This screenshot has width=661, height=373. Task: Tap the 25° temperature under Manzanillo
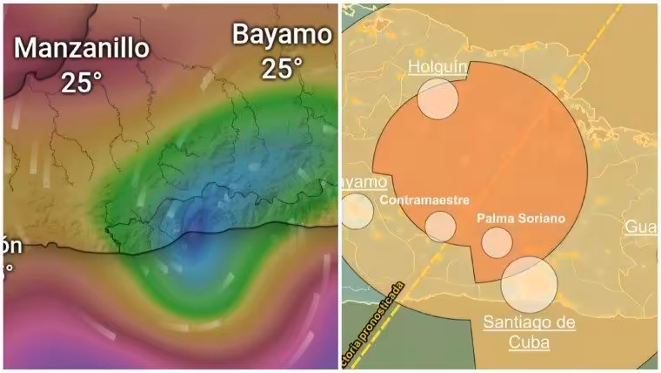(x=83, y=82)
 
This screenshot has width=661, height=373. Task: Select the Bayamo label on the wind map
(x=282, y=35)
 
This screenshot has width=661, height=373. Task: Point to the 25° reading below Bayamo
(x=282, y=68)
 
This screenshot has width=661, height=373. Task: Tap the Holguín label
(x=438, y=67)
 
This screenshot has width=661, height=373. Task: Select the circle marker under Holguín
(x=437, y=98)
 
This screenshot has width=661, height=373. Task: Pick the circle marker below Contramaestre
(x=440, y=226)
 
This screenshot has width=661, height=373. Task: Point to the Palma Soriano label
(x=521, y=217)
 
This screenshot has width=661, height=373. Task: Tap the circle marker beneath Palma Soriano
(x=497, y=242)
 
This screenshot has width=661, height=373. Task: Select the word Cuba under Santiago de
(x=529, y=342)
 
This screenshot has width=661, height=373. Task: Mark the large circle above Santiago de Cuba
(x=529, y=279)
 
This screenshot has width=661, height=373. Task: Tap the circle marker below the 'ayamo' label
(x=356, y=211)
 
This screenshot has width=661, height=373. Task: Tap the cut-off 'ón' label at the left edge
(x=11, y=247)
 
